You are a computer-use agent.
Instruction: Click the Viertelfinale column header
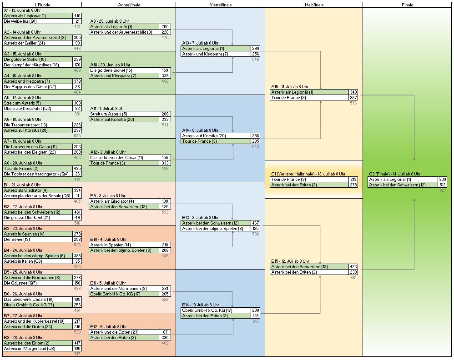[x=220, y=5]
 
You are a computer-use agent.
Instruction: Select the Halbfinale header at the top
[x=313, y=5]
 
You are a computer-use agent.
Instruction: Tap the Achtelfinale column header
[x=129, y=5]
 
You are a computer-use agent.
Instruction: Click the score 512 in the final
[x=442, y=185]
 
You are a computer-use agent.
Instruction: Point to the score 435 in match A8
[x=77, y=169]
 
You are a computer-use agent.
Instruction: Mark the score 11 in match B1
[x=77, y=196]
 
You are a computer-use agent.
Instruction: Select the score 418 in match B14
[x=255, y=316]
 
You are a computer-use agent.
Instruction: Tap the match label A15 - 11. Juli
[x=290, y=86]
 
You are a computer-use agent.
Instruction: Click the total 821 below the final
[x=443, y=190]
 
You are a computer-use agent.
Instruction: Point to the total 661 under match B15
[x=353, y=278]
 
